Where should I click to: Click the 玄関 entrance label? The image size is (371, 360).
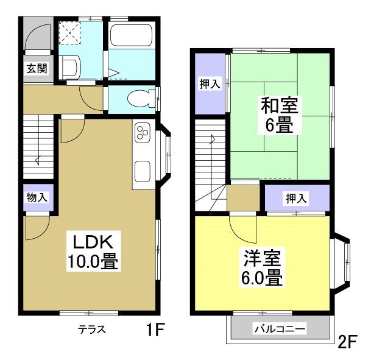point(35,68)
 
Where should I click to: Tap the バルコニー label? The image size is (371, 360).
point(280,329)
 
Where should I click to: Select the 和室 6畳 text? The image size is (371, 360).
point(279,115)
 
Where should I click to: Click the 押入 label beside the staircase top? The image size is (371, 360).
point(209,84)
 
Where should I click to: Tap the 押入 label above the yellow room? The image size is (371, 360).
point(296,197)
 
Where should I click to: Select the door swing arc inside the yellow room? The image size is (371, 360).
point(244,229)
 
